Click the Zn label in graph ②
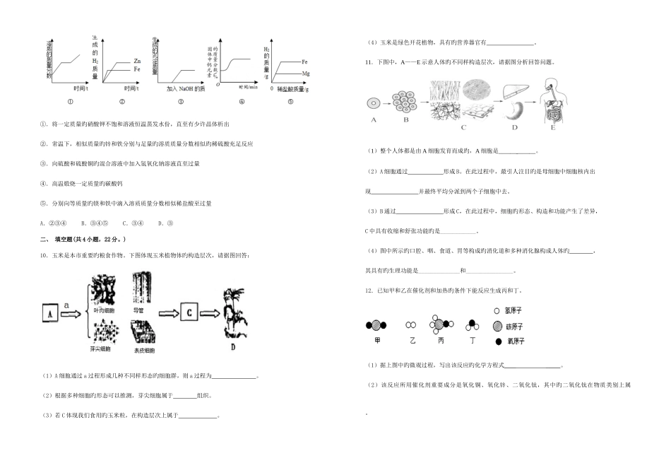pyautogui.click(x=136, y=62)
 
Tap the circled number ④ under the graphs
pyautogui.click(x=240, y=100)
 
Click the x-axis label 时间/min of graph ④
pyautogui.click(x=247, y=86)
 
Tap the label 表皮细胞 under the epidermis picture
pyautogui.click(x=144, y=349)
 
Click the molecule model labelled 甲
pyautogui.click(x=376, y=325)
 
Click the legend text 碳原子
pyautogui.click(x=514, y=326)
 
